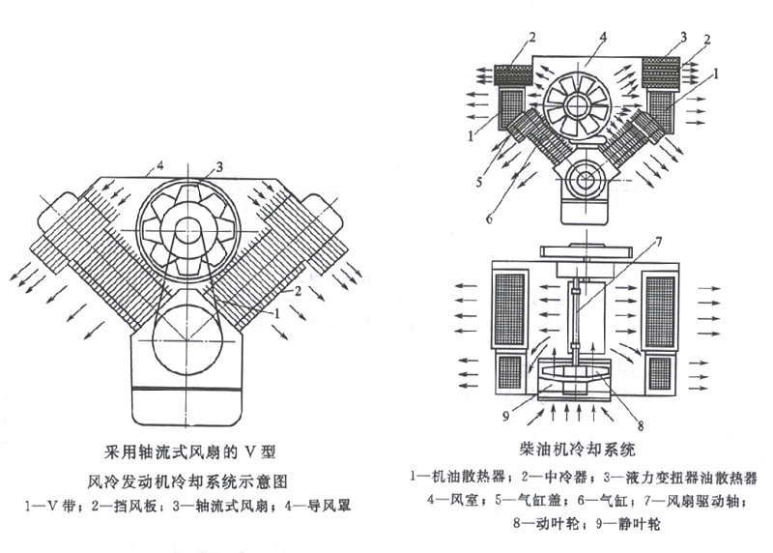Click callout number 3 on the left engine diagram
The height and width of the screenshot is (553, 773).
tap(219, 166)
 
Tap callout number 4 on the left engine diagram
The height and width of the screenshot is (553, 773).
tap(159, 165)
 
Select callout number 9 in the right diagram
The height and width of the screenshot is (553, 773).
tap(505, 417)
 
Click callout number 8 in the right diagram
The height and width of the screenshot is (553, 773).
tap(641, 424)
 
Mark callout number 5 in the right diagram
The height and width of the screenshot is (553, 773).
tap(479, 182)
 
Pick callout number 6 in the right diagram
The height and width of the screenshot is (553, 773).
tap(489, 218)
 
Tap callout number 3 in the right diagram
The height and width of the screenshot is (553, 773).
tap(683, 37)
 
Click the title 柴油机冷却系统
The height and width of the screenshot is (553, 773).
tap(577, 450)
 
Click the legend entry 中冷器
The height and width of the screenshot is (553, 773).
tap(567, 477)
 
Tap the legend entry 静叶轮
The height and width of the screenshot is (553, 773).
tap(640, 524)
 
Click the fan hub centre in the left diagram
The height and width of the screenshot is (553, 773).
tap(186, 230)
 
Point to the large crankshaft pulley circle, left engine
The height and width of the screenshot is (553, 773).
tap(187, 340)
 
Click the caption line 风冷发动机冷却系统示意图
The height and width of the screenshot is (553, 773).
tap(187, 481)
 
